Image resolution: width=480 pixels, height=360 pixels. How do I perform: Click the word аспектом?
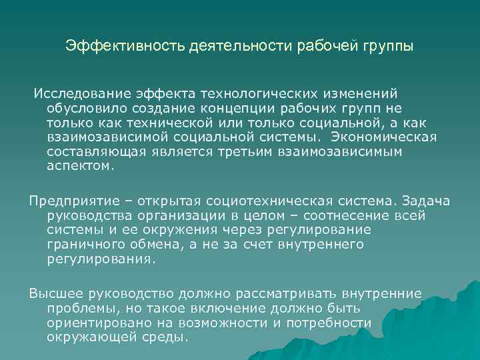(80, 166)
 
